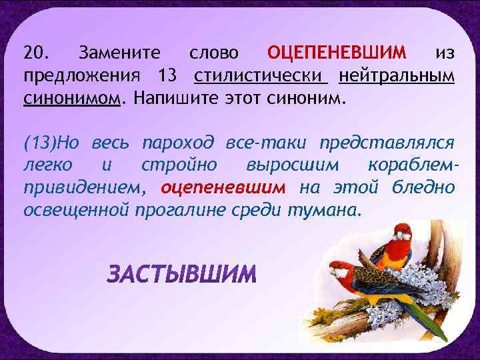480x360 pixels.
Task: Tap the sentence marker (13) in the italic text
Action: click(41, 142)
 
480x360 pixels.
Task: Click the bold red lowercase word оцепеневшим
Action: click(223, 187)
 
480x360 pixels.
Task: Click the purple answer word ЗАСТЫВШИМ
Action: click(182, 274)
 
